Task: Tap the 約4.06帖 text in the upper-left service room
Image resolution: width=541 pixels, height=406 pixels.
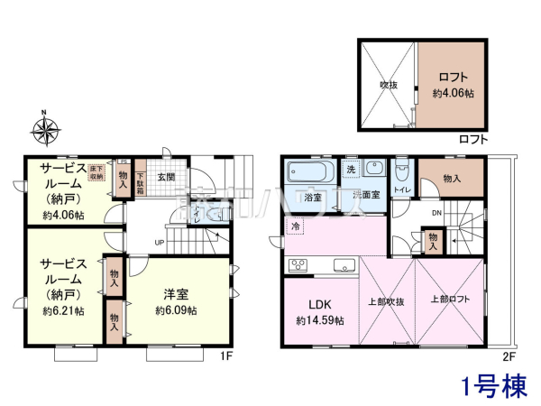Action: coord(63,216)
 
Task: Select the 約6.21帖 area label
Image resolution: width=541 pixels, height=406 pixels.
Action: coord(63,310)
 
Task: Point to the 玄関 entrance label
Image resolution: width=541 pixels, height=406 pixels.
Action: coord(167,177)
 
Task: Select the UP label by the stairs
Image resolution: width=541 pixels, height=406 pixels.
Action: coord(159,243)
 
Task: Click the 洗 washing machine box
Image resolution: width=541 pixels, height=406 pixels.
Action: coord(352,170)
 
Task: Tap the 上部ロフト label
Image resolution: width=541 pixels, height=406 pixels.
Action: coord(448,300)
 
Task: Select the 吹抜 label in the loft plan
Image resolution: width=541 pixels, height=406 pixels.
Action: coord(388,87)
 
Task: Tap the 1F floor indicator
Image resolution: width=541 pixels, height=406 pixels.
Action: coord(227,355)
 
